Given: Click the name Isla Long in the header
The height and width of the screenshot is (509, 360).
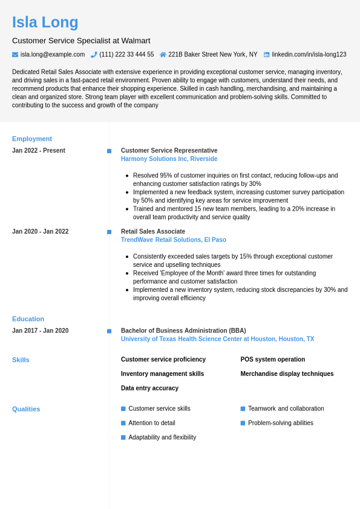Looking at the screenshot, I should pos(45,22).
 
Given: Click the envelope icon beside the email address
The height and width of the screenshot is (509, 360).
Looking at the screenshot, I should pos(15,54).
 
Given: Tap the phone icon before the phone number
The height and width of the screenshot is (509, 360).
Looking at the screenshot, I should pos(94,54).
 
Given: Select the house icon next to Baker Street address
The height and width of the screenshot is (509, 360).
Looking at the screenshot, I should pos(163,54).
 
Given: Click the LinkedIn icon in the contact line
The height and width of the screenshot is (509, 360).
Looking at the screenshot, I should pos(266,54).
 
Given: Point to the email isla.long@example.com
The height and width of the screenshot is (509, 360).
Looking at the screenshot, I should pos(53,54).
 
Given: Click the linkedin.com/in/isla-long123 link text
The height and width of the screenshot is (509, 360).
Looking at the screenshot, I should pos(309,54).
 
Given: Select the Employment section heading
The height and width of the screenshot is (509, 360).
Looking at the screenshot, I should pos(32,139).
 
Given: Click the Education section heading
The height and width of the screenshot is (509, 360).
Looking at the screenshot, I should pos(28,319).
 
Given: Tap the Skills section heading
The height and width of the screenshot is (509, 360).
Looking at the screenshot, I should pos(21,360).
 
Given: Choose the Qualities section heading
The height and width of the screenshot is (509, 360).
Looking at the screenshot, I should pos(26,409).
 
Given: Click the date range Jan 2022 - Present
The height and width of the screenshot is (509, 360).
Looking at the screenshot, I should pos(39,151).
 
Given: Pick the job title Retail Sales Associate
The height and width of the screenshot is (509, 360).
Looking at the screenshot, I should pos(153,231).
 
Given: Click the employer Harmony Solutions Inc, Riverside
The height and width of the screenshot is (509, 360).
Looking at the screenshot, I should pos(169,159).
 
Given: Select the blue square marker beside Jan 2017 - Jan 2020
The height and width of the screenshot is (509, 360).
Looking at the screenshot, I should pos(109,331).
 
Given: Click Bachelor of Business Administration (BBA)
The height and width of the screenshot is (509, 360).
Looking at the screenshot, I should pos(183,330).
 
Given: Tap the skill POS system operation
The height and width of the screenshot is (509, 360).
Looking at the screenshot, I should pos(272,360).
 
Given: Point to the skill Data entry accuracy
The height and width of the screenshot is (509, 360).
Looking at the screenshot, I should pos(149,388).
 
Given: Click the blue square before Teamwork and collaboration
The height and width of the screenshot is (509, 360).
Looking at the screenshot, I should pos(243,409).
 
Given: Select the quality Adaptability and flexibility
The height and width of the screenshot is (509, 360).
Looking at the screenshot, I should pos(162,437).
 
